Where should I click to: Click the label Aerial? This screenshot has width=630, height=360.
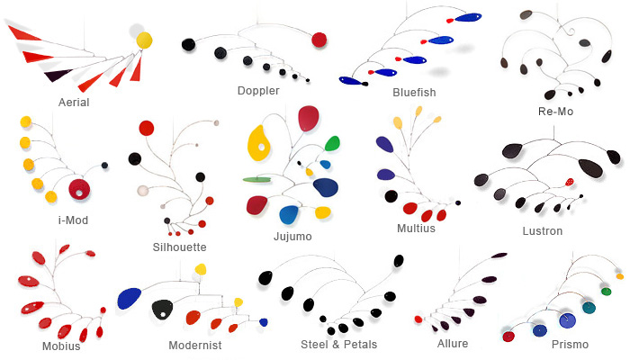(73, 102)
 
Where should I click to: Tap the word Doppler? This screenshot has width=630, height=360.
(258, 91)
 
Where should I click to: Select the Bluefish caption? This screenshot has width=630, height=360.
(414, 92)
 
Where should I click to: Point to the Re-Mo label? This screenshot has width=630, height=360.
(553, 112)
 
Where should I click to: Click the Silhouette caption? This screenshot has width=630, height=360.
(180, 247)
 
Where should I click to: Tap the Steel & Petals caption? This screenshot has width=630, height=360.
(338, 344)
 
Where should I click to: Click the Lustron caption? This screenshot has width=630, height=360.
(542, 230)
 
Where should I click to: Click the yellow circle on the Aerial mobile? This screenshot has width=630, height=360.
(144, 40)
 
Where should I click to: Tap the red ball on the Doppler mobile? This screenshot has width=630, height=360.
(319, 39)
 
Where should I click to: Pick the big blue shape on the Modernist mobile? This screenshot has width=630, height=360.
(130, 298)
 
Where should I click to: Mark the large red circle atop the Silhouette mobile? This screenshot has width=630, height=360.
(147, 129)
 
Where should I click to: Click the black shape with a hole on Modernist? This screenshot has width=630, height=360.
(163, 309)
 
